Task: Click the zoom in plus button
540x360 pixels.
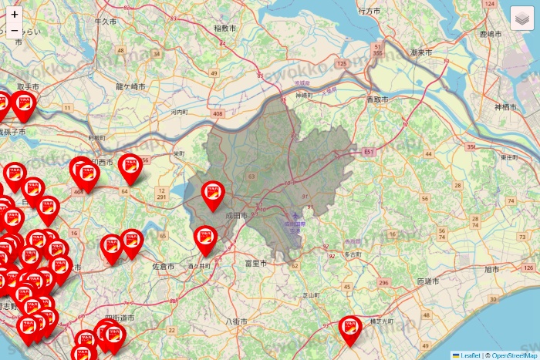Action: (15, 14)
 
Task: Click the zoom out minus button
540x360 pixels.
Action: (15, 31)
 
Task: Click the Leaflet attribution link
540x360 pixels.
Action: (470, 355)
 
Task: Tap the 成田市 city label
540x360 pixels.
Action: (236, 217)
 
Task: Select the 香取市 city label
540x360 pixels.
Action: (377, 100)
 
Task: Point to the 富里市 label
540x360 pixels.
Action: (255, 264)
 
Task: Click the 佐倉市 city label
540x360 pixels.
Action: (164, 266)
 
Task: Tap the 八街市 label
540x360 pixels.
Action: (235, 320)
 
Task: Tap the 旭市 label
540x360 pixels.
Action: (491, 270)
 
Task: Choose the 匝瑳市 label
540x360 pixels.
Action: (428, 281)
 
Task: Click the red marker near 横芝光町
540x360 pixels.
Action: (350, 329)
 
